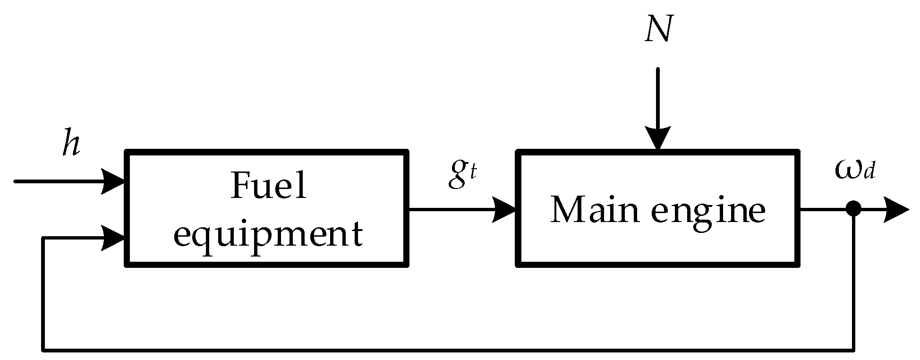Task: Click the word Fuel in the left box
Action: click(268, 186)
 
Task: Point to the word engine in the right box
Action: click(708, 214)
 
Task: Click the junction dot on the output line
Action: click(853, 208)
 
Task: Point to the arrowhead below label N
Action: click(658, 138)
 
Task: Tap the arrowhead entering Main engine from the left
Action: click(504, 209)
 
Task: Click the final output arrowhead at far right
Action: click(896, 209)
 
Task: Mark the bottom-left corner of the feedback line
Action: click(43, 350)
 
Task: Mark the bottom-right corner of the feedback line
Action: click(853, 350)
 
